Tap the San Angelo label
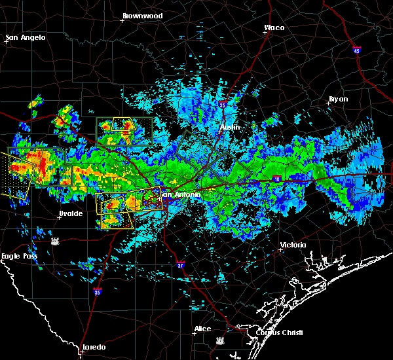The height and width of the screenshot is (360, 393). coord(26,37)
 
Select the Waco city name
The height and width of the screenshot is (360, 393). coord(274,27)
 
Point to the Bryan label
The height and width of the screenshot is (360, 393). coord(338,99)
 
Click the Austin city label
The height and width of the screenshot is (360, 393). coord(230,127)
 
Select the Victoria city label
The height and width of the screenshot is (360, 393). coord(293,245)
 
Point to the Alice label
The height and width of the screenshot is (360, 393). coord(202,329)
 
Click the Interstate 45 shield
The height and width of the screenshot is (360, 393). coord(357,50)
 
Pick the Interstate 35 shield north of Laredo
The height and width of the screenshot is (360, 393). coord(97,292)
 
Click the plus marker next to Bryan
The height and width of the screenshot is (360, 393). coord(329,103)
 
